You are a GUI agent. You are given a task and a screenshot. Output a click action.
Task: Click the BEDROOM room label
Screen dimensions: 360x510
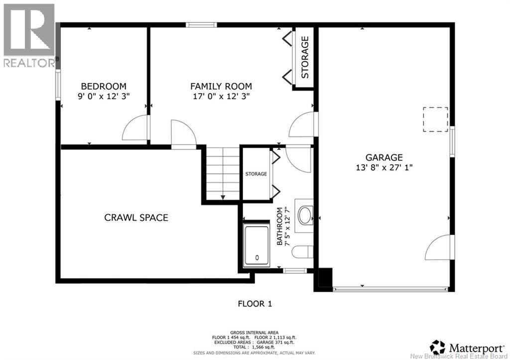104,86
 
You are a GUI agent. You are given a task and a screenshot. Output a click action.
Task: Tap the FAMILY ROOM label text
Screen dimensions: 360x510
221,86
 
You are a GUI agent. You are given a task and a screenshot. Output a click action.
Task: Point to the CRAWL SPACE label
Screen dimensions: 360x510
136,218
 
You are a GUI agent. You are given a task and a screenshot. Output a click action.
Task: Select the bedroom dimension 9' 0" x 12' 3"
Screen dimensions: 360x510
104,97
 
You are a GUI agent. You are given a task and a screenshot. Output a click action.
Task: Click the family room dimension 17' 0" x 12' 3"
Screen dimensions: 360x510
221,97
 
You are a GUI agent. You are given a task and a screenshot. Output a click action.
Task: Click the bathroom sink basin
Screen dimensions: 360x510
304,216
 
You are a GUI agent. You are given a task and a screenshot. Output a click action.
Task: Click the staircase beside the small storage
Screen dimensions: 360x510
223,174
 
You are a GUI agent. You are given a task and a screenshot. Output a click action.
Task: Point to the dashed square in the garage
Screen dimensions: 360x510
435,120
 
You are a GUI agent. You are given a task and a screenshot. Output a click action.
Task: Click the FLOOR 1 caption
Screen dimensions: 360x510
255,303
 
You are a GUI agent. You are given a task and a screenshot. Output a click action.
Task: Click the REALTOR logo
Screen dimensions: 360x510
29,35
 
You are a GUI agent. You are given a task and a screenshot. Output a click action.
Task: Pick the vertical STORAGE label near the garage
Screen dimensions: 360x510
305,57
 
